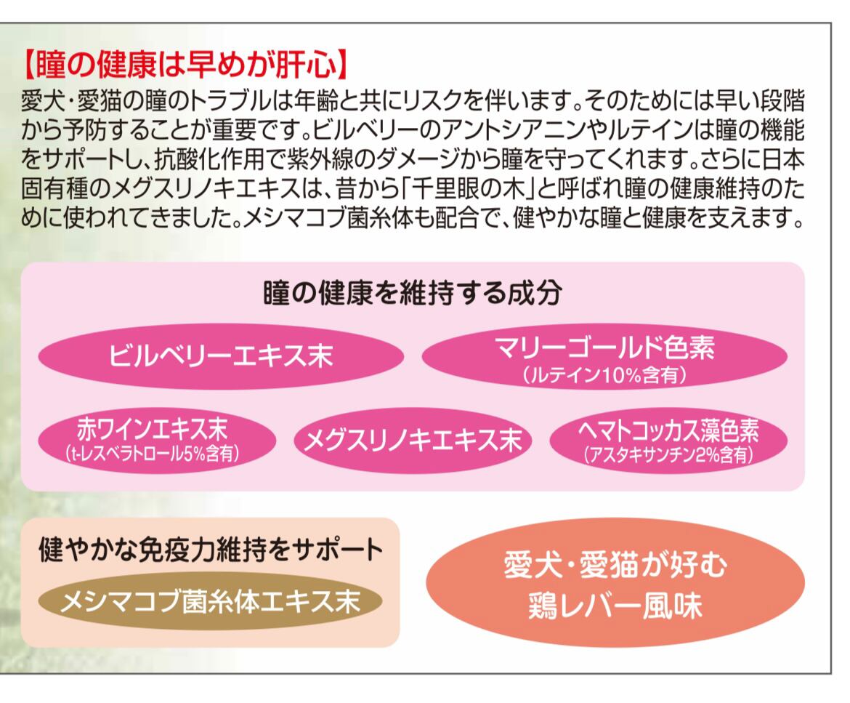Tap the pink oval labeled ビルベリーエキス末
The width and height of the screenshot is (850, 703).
click(x=220, y=355)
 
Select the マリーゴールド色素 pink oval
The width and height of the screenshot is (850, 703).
click(x=604, y=355)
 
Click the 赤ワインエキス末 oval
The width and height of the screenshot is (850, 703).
click(x=156, y=439)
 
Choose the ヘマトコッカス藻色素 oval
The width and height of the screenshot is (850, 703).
click(x=668, y=439)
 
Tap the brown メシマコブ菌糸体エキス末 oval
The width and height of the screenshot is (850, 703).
click(x=210, y=601)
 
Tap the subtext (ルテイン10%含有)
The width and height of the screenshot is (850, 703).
click(x=604, y=376)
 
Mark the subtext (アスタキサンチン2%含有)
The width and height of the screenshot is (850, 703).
click(x=668, y=456)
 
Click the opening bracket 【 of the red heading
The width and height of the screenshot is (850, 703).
click(x=31, y=66)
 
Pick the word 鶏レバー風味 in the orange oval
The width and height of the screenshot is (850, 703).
click(x=615, y=606)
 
